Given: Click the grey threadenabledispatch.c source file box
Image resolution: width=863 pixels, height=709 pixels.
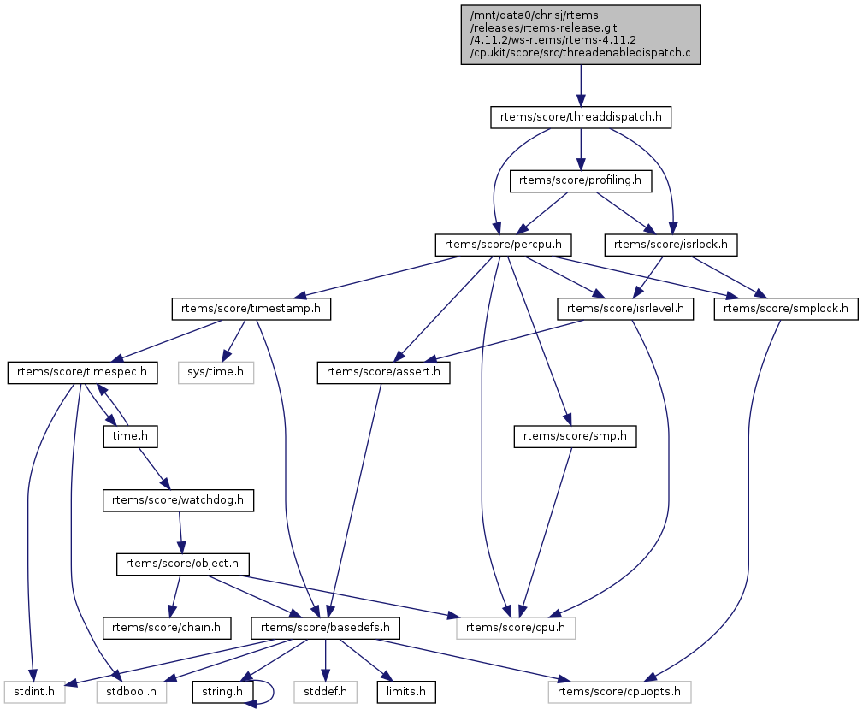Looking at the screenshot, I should [581, 34].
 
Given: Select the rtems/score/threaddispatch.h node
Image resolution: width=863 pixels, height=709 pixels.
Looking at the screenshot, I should [581, 117].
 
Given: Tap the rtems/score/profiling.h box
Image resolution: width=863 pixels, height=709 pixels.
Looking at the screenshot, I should [581, 180].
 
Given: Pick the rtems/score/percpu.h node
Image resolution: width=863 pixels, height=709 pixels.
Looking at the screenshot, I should [503, 245].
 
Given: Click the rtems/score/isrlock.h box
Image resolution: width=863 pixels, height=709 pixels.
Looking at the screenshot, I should [671, 245].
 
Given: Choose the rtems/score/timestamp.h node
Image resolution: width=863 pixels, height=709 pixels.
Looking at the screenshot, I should [251, 308].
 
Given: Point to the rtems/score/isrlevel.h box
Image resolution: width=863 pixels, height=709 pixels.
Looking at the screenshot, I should [625, 308].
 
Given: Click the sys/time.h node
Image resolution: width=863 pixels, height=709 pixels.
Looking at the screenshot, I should [216, 372].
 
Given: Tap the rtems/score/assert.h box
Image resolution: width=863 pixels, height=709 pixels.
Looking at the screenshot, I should [384, 372].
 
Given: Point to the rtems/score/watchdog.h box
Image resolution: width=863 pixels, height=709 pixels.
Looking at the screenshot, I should [179, 499].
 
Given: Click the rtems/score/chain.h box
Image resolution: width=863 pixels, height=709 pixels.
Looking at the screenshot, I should [168, 627].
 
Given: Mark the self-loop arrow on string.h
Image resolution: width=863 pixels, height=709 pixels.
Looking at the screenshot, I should [266, 691].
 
